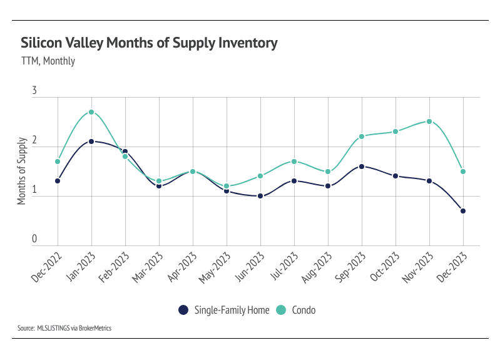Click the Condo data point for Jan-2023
point(91,112)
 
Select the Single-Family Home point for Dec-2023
point(463,211)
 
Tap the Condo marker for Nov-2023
point(429,121)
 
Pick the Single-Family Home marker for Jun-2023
point(260,196)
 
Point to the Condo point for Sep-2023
point(362,136)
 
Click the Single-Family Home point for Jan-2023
point(91,141)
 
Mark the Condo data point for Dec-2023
point(463,172)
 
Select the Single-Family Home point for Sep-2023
point(362,167)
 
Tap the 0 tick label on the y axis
point(34,239)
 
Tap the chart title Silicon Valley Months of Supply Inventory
point(149,43)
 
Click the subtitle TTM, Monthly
point(48,61)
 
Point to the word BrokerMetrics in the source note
point(94,327)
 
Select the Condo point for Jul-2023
point(294,162)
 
